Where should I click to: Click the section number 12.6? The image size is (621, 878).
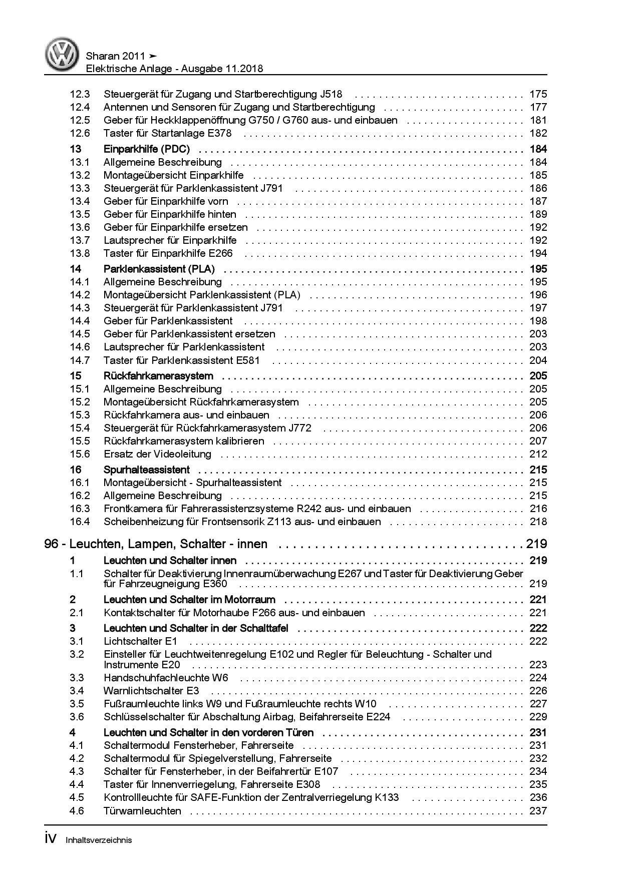(x=80, y=133)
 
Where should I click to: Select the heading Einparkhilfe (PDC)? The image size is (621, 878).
(x=150, y=149)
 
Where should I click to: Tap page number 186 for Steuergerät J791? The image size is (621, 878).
(x=538, y=188)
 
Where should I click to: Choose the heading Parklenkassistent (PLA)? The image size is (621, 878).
(x=159, y=269)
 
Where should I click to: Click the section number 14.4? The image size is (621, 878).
(x=80, y=321)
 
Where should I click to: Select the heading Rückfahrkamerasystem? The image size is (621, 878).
(x=158, y=376)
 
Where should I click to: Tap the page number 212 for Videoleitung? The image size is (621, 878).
(x=538, y=454)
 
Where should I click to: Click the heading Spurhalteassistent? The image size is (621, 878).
(x=147, y=470)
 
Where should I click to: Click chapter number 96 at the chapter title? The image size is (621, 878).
(x=51, y=544)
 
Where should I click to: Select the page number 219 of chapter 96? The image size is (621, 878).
(x=536, y=544)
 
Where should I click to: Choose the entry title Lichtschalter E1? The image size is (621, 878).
(x=141, y=641)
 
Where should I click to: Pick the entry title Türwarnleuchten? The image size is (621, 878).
(x=143, y=810)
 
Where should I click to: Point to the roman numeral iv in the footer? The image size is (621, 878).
(x=52, y=839)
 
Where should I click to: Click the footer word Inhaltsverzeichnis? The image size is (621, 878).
(x=99, y=840)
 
